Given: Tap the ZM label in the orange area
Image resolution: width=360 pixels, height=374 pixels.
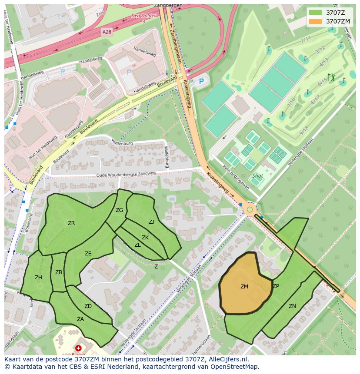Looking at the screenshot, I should (244, 286).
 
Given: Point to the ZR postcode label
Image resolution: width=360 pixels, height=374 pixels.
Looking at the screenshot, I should (71, 223).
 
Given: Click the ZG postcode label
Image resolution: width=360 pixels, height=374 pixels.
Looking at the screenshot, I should (119, 210).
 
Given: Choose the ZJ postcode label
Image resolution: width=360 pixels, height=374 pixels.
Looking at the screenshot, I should (151, 222).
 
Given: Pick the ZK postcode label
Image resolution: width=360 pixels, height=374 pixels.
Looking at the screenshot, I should (145, 237).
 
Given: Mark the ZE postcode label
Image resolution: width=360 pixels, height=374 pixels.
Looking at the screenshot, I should (88, 253).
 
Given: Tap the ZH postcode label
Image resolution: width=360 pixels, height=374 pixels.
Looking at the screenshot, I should (38, 278).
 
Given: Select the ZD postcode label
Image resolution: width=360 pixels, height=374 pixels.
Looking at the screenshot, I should (88, 306).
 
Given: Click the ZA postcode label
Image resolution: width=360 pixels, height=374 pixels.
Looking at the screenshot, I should (80, 319).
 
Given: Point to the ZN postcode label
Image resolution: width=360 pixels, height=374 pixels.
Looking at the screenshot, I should (292, 306).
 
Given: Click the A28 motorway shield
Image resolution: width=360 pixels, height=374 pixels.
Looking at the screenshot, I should (107, 32).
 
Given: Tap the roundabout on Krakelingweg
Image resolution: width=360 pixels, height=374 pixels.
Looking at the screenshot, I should (250, 210).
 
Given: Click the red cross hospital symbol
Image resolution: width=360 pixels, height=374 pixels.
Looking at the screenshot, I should (78, 348).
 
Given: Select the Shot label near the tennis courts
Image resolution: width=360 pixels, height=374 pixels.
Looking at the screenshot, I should (257, 176).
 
